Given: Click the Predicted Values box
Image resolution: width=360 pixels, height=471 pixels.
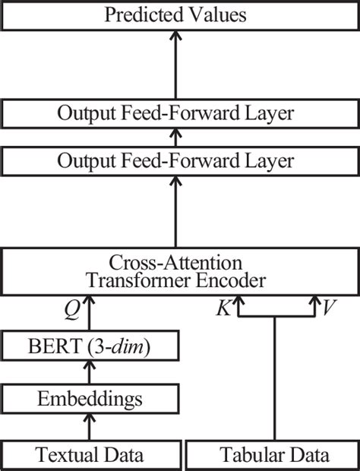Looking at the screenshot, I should [179, 14].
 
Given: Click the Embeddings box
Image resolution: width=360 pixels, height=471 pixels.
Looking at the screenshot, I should [90, 397].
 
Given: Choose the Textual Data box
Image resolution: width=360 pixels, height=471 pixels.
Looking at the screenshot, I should [90, 455].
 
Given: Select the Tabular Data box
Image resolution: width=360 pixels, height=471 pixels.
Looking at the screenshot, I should [274, 455].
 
